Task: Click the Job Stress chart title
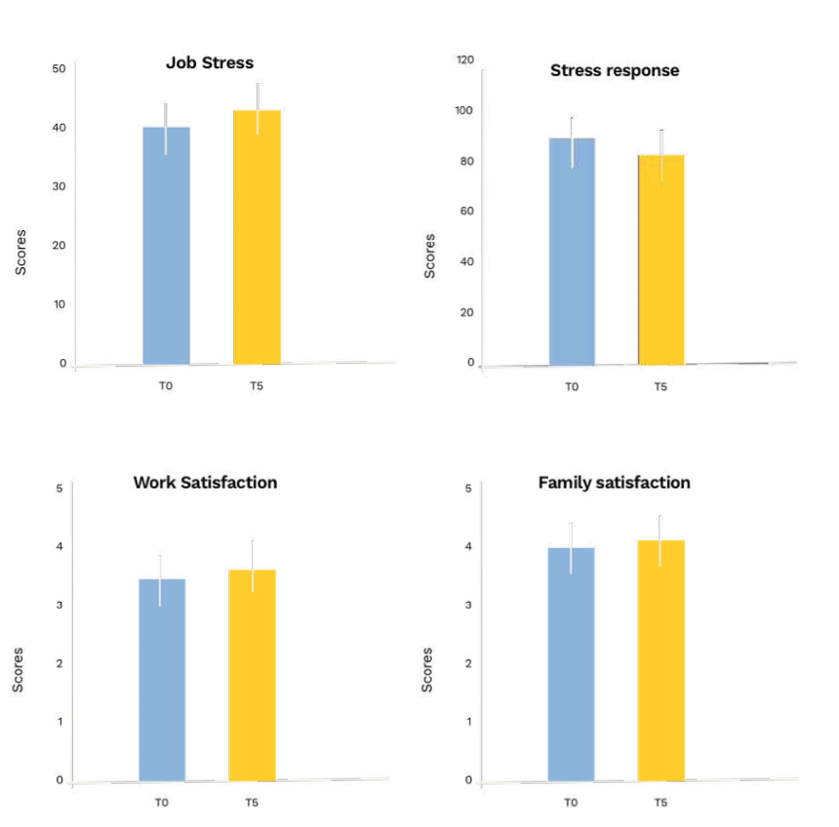[x=209, y=63]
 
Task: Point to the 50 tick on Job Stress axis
[x=59, y=68]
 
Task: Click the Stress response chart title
[x=615, y=70]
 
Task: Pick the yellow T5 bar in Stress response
[x=661, y=259]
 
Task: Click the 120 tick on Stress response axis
[x=465, y=60]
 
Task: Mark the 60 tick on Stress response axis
[x=467, y=211]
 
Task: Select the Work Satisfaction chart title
[x=205, y=483]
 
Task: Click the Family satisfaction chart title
[x=615, y=483]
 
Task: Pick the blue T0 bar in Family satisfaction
[x=571, y=664]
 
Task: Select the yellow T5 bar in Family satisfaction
[x=660, y=660]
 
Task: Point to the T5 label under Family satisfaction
[x=660, y=803]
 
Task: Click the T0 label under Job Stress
[x=166, y=386]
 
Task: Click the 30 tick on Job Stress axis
[x=59, y=186]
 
